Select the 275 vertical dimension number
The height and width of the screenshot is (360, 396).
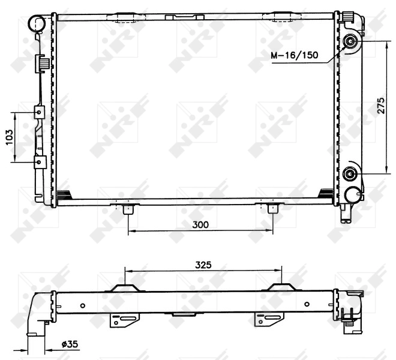[x=381, y=107]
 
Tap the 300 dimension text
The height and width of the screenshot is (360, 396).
[x=200, y=225]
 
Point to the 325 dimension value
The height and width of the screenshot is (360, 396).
[x=203, y=264]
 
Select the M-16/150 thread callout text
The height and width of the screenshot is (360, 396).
[x=293, y=56]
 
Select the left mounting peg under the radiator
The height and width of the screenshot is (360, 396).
[x=128, y=209]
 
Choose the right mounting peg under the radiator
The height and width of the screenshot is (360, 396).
[x=273, y=209]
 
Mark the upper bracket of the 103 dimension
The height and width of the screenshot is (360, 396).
[x=40, y=112]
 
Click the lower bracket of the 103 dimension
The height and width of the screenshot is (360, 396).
[x=40, y=162]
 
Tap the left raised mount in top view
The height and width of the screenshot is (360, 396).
[x=124, y=287]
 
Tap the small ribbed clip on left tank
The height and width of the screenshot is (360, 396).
[x=42, y=61]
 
